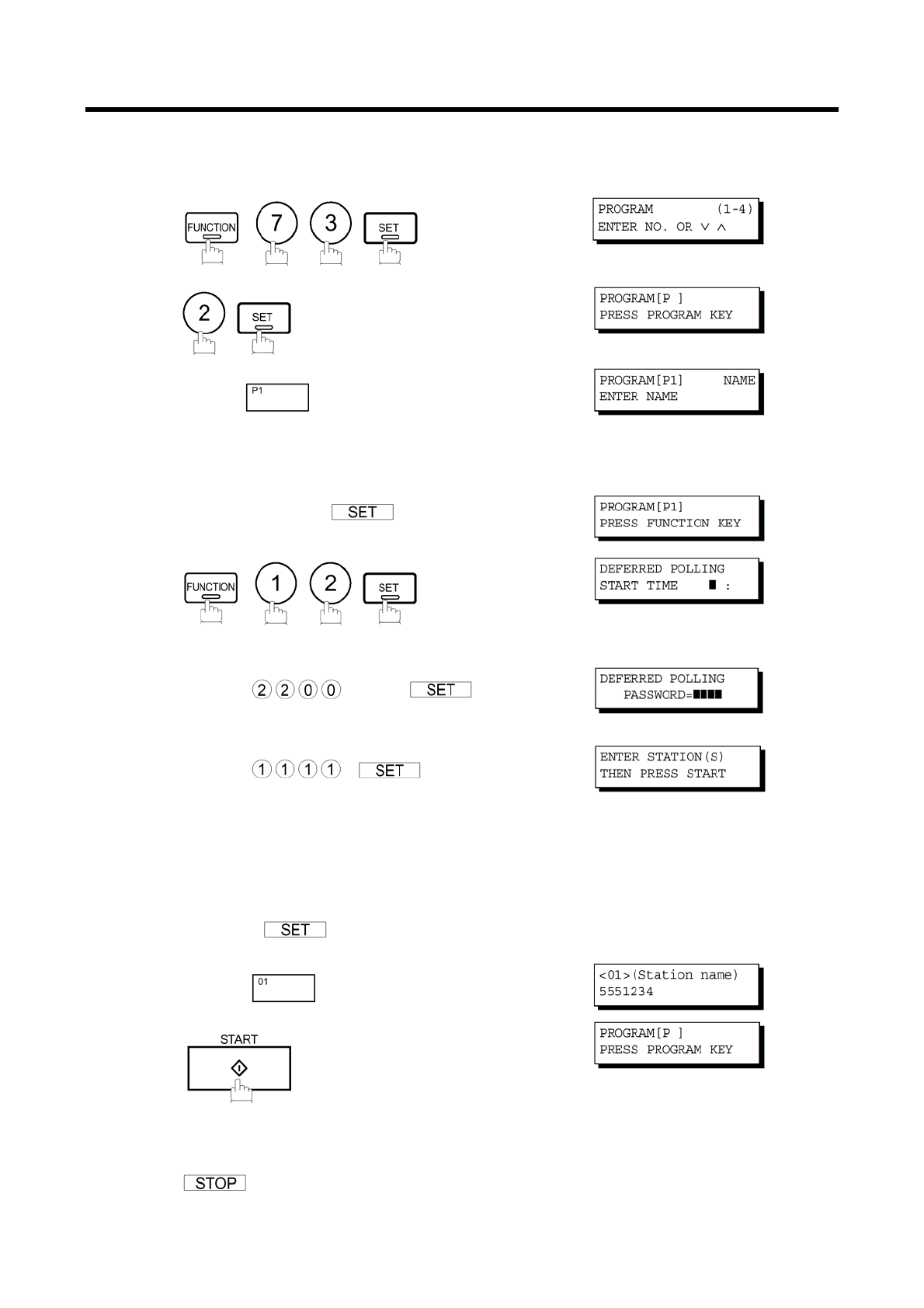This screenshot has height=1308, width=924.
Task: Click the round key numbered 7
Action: [276, 223]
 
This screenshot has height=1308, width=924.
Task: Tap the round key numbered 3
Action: [331, 223]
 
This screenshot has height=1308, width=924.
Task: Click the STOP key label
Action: [215, 1183]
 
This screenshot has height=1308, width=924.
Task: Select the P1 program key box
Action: [277, 397]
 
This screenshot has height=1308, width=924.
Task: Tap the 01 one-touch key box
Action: [283, 988]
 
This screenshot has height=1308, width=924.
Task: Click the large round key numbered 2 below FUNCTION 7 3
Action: [203, 313]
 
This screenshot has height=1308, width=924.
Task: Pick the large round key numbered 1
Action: [276, 583]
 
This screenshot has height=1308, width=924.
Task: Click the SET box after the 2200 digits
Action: [440, 690]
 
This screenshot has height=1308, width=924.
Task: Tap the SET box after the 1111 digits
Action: [389, 771]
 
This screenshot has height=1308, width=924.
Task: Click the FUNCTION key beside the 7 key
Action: [211, 228]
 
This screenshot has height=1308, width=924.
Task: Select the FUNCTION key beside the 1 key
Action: [210, 588]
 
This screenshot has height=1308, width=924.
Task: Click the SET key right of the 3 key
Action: [390, 228]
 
